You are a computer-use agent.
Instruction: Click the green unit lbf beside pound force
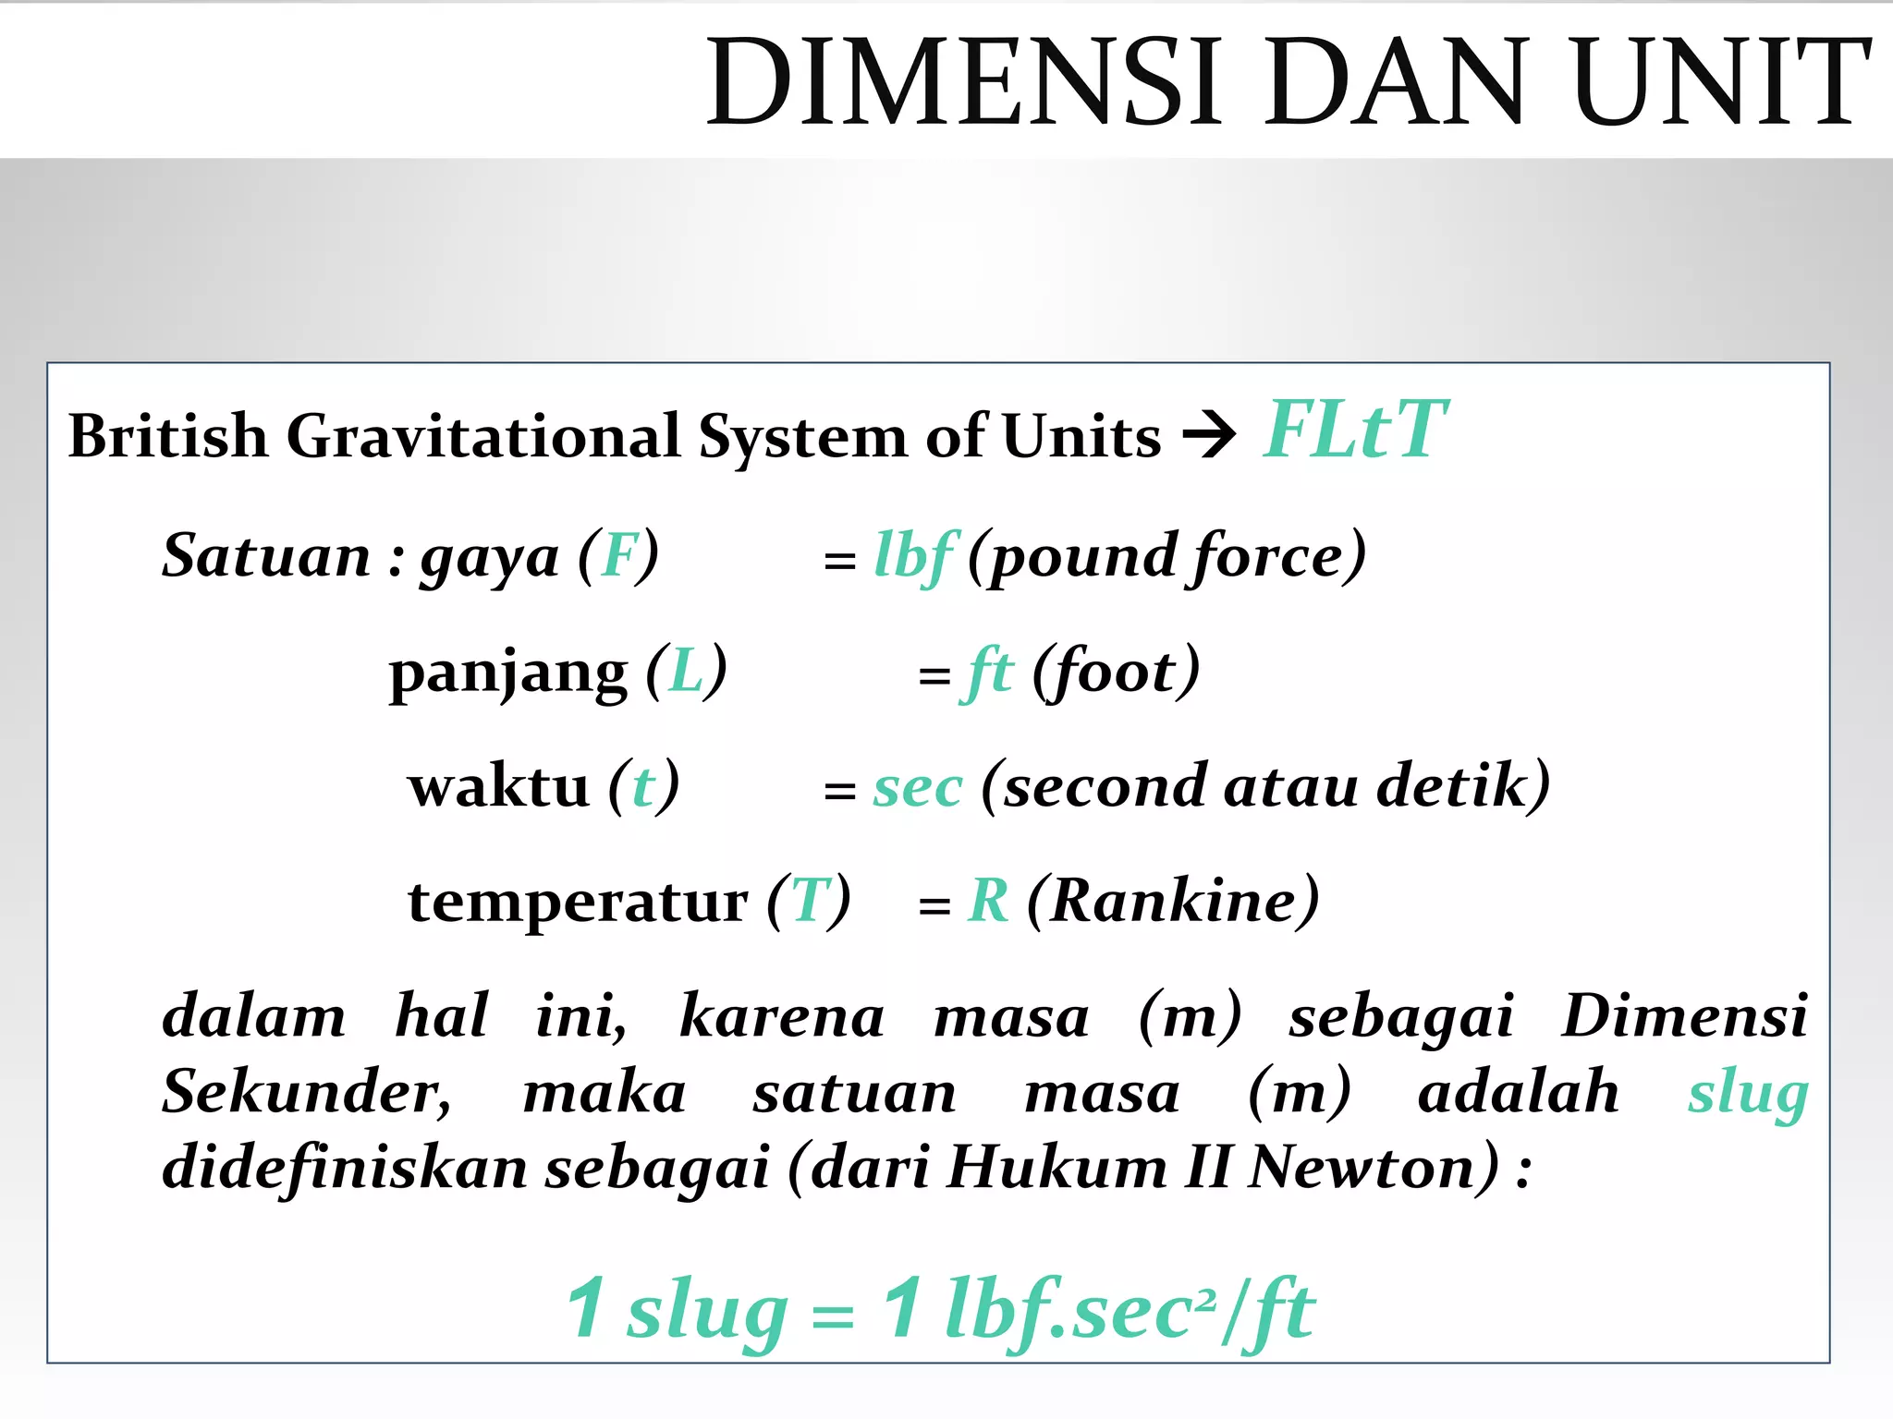point(914,557)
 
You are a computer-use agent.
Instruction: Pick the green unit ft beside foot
point(988,673)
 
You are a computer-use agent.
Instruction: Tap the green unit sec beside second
point(918,788)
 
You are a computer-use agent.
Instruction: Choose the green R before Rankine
point(988,901)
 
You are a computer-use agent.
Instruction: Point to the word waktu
point(498,788)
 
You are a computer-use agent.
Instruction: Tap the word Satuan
point(266,557)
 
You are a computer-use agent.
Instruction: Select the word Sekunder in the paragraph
point(306,1093)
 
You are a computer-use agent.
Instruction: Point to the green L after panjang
point(686,673)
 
